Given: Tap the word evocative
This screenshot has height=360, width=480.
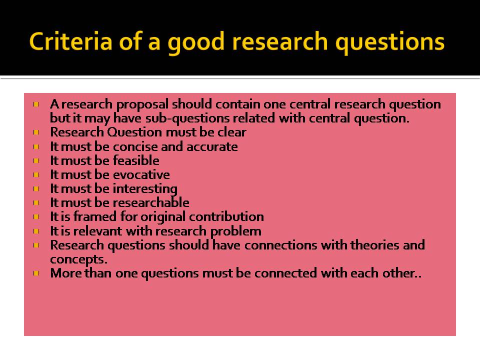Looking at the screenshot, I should [141, 174].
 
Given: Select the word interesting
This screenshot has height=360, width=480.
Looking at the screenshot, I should [145, 188].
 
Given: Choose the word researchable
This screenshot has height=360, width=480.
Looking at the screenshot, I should [151, 202].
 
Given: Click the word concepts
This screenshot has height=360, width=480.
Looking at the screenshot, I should [78, 259].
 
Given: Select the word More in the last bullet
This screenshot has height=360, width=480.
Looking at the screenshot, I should [64, 273].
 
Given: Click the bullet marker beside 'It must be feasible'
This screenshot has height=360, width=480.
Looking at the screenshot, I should [37, 161].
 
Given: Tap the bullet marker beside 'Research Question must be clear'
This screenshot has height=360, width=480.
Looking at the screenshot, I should [37, 133].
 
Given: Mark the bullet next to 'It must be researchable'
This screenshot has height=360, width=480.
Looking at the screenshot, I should [37, 203].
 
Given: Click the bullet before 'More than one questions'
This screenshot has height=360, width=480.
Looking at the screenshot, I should [37, 274].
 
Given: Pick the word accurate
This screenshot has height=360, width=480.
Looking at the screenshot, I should [212, 146].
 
